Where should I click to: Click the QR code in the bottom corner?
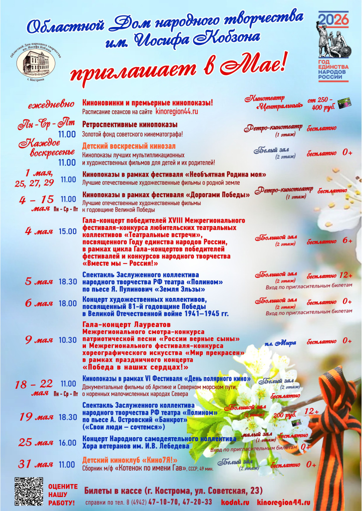[28, 492]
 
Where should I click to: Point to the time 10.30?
[67, 340]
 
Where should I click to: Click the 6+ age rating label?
[347, 241]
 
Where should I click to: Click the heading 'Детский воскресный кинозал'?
[129, 146]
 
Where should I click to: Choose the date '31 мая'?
[35, 464]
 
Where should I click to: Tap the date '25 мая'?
[35, 442]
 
